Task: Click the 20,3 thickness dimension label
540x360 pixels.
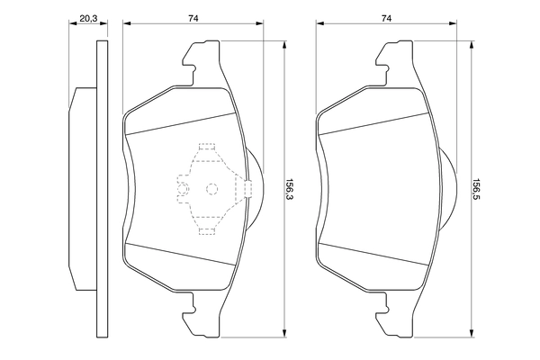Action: tap(88, 17)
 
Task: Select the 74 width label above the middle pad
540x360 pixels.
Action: tap(193, 17)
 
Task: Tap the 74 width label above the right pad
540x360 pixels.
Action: tap(386, 17)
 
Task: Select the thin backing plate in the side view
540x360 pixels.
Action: tap(98, 189)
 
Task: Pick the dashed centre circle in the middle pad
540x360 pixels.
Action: tap(212, 189)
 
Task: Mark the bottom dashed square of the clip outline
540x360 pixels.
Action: tap(206, 230)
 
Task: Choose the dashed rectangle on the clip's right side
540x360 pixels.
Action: tap(247, 188)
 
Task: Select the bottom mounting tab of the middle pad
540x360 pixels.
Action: tap(200, 312)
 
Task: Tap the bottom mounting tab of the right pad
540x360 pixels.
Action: tap(393, 312)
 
